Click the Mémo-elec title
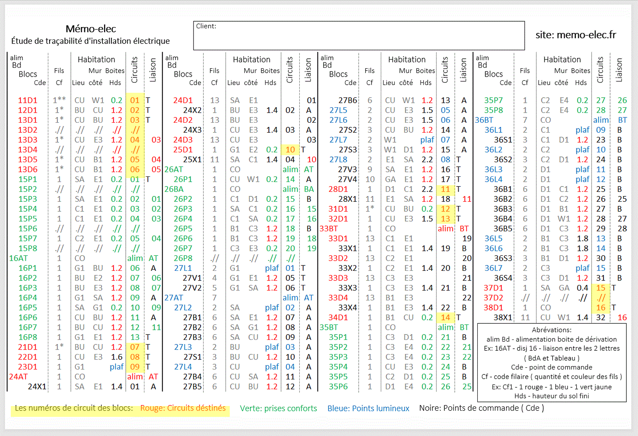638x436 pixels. [x=91, y=29]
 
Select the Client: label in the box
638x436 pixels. [x=206, y=26]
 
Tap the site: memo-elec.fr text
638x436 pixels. [x=576, y=35]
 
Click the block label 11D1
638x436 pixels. [x=27, y=100]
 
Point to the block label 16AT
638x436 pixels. [x=18, y=258]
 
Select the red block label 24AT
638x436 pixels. [x=18, y=377]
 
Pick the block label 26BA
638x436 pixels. [x=174, y=189]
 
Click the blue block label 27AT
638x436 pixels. [x=174, y=298]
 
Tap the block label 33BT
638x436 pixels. [x=328, y=229]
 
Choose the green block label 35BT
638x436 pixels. [x=328, y=327]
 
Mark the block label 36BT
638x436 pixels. [x=484, y=120]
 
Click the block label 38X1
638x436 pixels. [x=503, y=317]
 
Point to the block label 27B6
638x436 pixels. [x=348, y=100]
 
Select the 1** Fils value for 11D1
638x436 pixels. [x=59, y=100]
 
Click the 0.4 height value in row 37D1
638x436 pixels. [x=582, y=288]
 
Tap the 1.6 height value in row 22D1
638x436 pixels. [x=117, y=357]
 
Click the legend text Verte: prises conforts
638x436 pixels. [x=278, y=409]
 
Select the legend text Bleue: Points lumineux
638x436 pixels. [x=368, y=409]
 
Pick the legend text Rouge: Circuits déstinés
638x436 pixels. [x=183, y=408]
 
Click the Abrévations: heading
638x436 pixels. [x=551, y=330]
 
